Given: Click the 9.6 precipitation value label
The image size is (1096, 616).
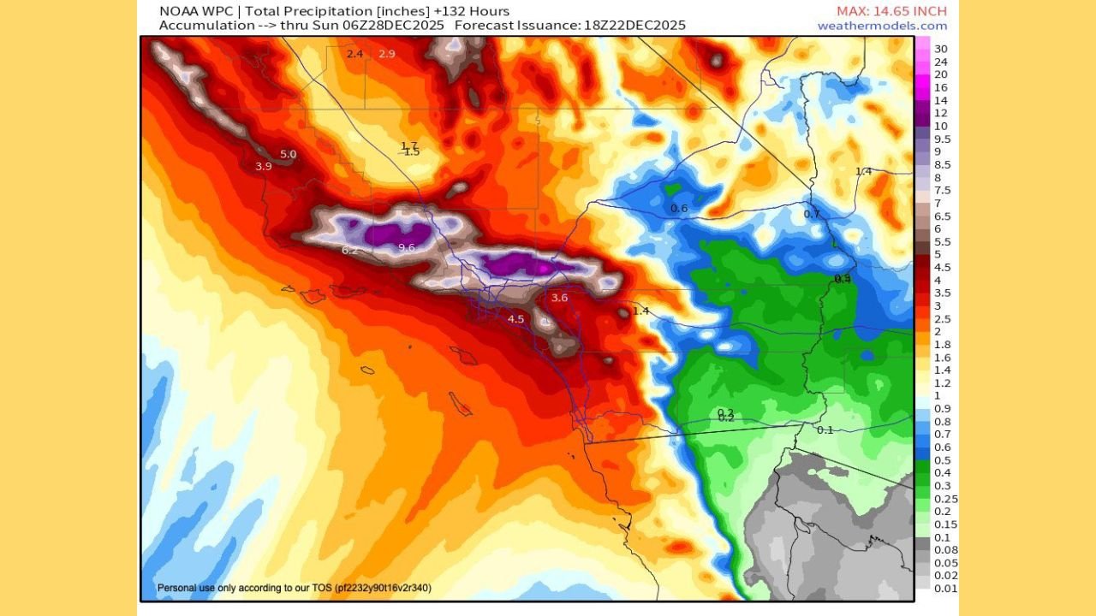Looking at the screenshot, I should coord(407,247).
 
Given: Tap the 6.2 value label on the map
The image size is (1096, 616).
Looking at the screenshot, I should coord(349,250).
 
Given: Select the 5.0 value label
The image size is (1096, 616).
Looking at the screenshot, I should coord(288,154).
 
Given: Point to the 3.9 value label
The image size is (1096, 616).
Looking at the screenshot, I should coord(264,166).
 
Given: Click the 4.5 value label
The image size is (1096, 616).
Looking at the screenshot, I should coord(515,319).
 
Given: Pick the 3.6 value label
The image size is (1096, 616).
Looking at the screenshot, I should coord(559,298).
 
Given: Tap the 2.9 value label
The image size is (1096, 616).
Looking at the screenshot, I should coord(387,54).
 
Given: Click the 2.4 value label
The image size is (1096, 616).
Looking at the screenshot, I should coord(354,54).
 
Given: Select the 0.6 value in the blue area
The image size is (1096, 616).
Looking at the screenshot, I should coord(679,208).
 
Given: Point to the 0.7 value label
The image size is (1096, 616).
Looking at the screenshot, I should coord(812,213).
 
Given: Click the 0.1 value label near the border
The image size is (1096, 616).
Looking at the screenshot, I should coord(825,429).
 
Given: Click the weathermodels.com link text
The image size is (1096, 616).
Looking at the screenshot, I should coord(882,26).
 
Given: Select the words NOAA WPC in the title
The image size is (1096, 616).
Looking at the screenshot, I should coord(190,11).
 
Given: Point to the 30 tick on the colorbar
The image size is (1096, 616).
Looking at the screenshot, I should coord(940,48).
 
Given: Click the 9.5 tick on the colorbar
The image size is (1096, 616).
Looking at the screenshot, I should coord(942,139).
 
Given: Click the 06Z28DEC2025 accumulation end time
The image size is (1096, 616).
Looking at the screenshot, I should coord(394,26).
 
